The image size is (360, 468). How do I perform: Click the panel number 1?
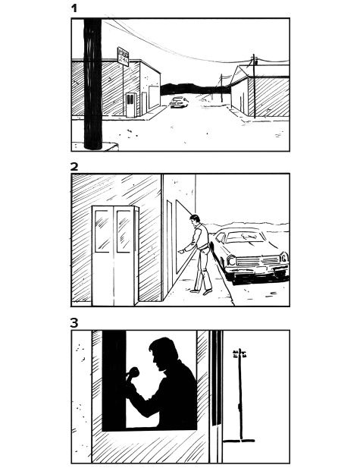pos(74,8)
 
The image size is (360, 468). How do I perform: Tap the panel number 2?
pos(74,166)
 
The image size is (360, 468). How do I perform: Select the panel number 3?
pos(74,322)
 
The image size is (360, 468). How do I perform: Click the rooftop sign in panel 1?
pos(123,55)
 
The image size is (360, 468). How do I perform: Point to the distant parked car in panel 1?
pos(179,102)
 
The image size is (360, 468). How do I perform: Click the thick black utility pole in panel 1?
pos(92,83)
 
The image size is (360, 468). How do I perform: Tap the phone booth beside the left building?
pos(131,104)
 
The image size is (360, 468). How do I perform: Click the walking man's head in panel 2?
pos(196,221)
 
